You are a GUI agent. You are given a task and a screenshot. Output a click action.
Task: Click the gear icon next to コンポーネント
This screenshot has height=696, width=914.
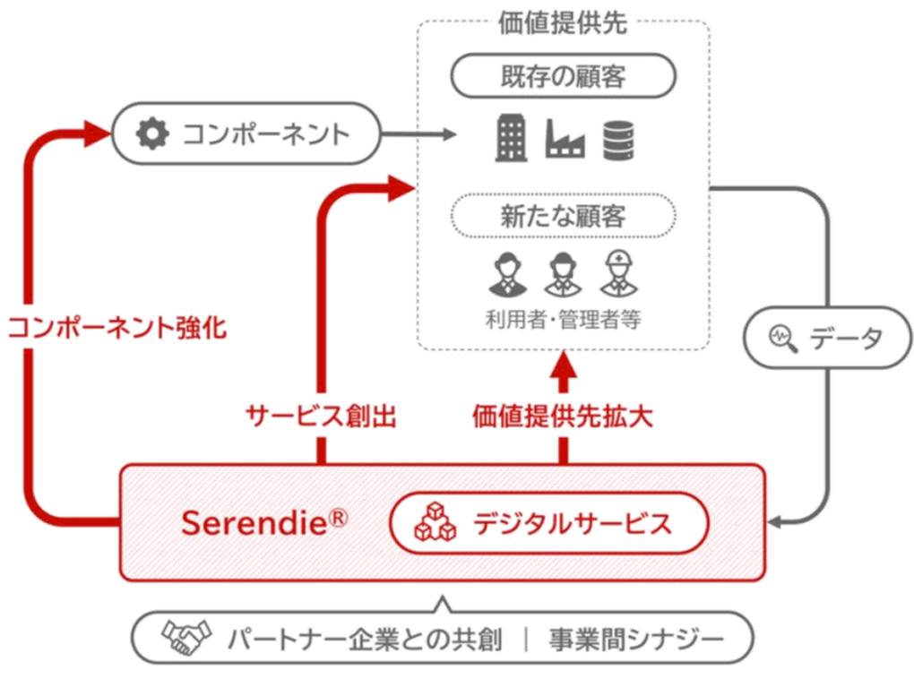click(151, 134)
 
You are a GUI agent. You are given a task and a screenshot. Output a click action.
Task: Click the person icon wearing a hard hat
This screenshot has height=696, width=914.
click(617, 272)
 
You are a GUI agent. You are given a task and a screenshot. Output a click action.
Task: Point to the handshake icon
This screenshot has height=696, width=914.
click(185, 639)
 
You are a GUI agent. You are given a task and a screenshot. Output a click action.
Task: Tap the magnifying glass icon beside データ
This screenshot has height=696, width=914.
click(782, 337)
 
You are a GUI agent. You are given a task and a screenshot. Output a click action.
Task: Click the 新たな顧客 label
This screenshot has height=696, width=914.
click(563, 216)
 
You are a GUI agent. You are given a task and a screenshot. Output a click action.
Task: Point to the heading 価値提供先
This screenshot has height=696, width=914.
click(563, 23)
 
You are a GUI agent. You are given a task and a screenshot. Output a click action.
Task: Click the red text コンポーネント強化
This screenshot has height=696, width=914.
click(117, 328)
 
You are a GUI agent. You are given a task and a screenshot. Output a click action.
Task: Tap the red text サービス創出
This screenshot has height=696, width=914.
click(320, 416)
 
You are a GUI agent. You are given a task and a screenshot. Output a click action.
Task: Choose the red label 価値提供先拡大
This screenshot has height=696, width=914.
click(563, 416)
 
